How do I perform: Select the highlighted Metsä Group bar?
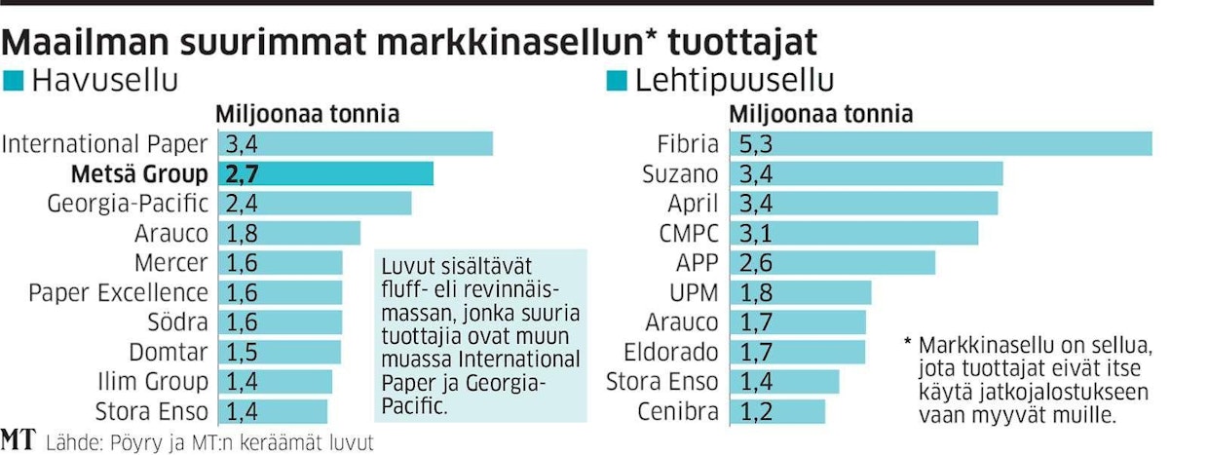(327, 174)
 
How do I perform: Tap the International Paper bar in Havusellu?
(357, 145)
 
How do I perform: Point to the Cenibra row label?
(678, 410)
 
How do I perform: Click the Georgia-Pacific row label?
(128, 204)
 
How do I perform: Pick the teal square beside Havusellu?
(14, 82)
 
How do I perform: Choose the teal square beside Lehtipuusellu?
(616, 82)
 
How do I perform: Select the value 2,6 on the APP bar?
(757, 263)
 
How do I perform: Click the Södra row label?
(174, 322)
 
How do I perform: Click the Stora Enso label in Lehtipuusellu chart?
(662, 381)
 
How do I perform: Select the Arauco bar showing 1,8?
(290, 234)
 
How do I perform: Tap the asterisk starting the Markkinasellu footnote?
(907, 346)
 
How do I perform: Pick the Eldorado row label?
(673, 352)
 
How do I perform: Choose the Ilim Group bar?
(277, 381)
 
